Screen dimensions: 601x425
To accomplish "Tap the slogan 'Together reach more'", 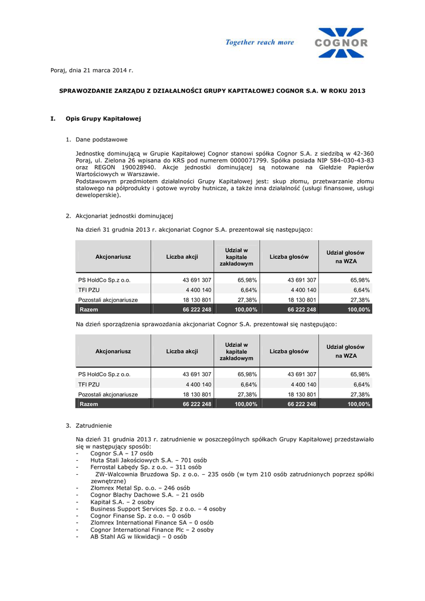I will pyautogui.click(x=260, y=42).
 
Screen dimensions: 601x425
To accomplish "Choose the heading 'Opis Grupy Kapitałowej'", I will pyautogui.click(x=103, y=119).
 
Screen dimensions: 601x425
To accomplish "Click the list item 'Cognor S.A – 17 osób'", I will pyautogui.click(x=121, y=453).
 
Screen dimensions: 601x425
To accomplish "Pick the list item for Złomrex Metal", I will pyautogui.click(x=140, y=488).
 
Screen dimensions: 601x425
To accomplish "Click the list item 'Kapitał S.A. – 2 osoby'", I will pyautogui.click(x=123, y=502).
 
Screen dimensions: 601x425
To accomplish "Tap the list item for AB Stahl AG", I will pyautogui.click(x=138, y=536).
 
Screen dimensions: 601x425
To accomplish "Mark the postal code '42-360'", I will pyautogui.click(x=362, y=153).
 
